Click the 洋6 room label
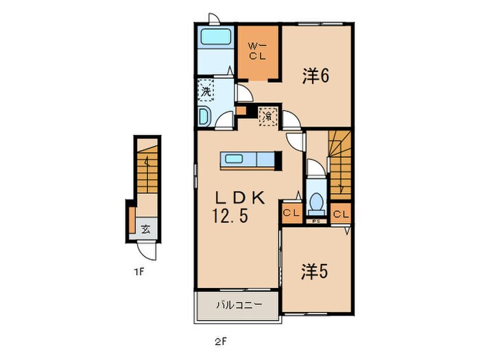tap(315, 75)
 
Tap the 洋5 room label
tap(315, 272)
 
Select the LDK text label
tap(240, 198)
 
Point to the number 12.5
tap(230, 216)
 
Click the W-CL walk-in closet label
tap(257, 51)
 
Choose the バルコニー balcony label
tap(239, 305)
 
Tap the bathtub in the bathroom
tap(215, 37)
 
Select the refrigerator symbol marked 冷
tap(269, 117)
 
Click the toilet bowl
tap(316, 202)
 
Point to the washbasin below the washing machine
tap(204, 117)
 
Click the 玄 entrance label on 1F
tap(146, 229)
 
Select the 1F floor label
tap(139, 272)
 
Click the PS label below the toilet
tap(316, 221)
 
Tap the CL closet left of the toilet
tap(291, 213)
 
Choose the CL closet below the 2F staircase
tap(341, 214)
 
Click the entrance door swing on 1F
tap(146, 250)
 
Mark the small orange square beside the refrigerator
tap(241, 110)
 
